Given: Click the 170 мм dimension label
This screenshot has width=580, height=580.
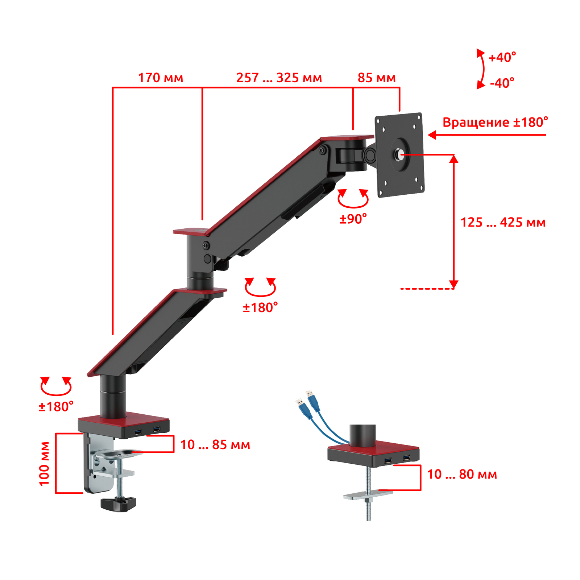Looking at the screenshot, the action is click(x=161, y=78).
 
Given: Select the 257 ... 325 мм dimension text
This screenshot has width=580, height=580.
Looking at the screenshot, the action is click(x=279, y=78).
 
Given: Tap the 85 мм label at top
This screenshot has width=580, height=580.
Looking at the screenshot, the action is click(x=377, y=78).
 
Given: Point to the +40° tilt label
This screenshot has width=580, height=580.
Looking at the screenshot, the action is click(x=502, y=57).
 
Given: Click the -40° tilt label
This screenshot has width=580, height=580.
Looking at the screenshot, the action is click(x=502, y=83).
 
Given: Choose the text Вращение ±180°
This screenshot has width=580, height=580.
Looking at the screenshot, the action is click(x=495, y=122).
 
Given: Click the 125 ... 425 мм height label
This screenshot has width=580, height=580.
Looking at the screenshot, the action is click(x=503, y=222).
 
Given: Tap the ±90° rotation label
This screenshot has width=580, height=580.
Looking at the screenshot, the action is click(x=353, y=219).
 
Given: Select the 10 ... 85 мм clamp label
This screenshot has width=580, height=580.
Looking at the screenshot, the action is click(x=215, y=445).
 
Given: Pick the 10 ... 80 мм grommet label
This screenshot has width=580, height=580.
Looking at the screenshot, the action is click(x=462, y=474).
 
